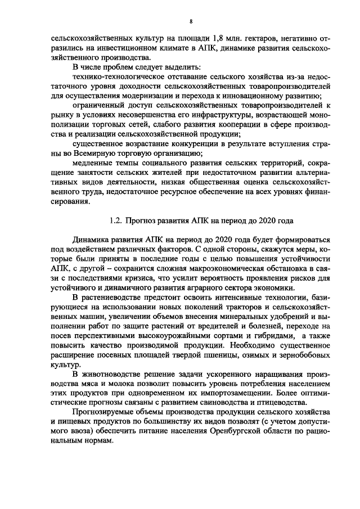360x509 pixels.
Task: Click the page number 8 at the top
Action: tap(191, 22)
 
